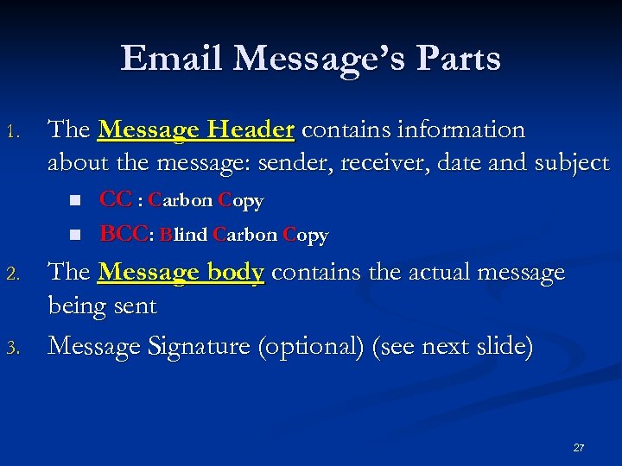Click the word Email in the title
pos(173,59)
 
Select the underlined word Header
pos(253,130)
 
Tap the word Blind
pos(184,235)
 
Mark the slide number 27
pos(578,448)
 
